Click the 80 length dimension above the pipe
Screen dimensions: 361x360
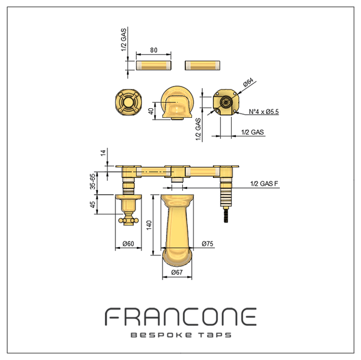point(154,50)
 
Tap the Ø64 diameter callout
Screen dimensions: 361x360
point(248,82)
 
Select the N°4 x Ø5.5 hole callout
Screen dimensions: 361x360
point(264,112)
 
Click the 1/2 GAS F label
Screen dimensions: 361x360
point(264,184)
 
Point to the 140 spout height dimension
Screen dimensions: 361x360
point(149,225)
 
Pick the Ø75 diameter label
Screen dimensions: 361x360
point(208,243)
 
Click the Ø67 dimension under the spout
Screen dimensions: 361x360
point(177,272)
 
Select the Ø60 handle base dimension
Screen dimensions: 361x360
point(128,243)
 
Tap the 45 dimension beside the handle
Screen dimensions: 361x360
point(93,204)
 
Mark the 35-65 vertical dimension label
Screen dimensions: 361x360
point(93,182)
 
